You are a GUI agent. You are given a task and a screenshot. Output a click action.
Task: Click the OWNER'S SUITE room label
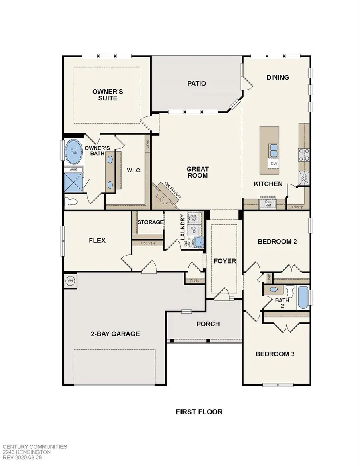108,94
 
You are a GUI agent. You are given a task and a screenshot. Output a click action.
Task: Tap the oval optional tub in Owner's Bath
73,152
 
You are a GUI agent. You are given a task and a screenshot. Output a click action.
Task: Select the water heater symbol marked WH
70,280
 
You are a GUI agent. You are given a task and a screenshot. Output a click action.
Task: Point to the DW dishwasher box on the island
274,164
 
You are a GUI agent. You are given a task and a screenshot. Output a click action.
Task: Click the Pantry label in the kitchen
298,207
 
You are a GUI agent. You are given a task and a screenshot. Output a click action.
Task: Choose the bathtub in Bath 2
304,298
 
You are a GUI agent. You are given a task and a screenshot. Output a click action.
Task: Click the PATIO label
197,84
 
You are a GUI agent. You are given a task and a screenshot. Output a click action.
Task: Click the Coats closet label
194,281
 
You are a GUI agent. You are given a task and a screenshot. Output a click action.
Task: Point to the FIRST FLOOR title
199,411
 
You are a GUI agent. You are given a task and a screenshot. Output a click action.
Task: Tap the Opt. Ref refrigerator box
268,204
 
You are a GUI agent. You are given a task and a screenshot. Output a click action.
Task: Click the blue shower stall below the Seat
74,182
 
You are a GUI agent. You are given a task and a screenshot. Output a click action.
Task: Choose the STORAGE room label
150,222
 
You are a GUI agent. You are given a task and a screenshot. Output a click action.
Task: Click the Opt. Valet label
148,243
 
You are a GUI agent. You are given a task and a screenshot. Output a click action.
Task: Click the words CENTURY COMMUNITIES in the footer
35,447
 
